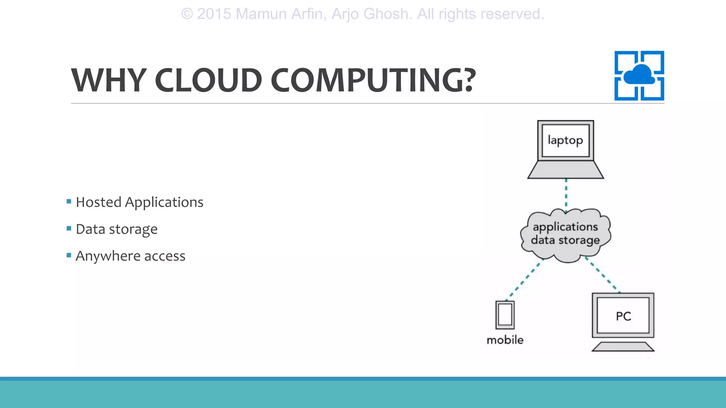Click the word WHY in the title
coord(108,80)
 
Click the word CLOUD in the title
coord(208,80)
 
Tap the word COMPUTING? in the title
coord(373,80)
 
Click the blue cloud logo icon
coord(639,75)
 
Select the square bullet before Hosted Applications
coord(69,202)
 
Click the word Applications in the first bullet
coord(164,203)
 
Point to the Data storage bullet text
coord(117,229)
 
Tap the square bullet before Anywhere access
coord(69,255)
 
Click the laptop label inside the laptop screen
coord(565,140)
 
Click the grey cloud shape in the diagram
coord(565,248)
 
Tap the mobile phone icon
coord(505,315)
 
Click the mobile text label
coord(505,340)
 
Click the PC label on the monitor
coord(623,316)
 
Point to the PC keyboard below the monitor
coord(623,346)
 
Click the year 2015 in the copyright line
coord(214,14)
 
